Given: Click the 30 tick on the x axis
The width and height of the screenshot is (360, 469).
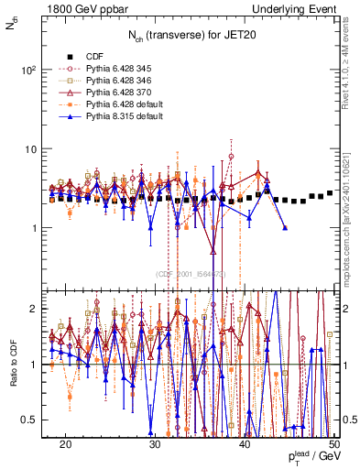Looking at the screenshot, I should point(156,444).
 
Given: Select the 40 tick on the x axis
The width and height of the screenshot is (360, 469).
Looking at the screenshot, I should point(245,444).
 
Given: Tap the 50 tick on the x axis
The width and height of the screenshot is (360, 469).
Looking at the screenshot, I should point(334,444).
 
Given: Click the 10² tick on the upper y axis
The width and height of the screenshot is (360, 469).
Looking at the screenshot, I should point(28,70).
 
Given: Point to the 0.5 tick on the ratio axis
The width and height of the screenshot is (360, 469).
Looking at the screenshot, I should point(29,419).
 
